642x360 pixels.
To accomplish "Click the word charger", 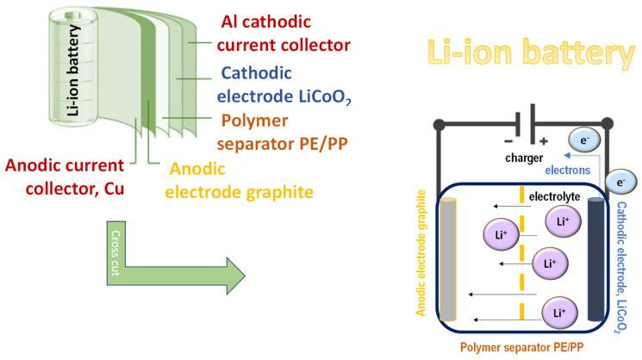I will pyautogui.click(x=526, y=157).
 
